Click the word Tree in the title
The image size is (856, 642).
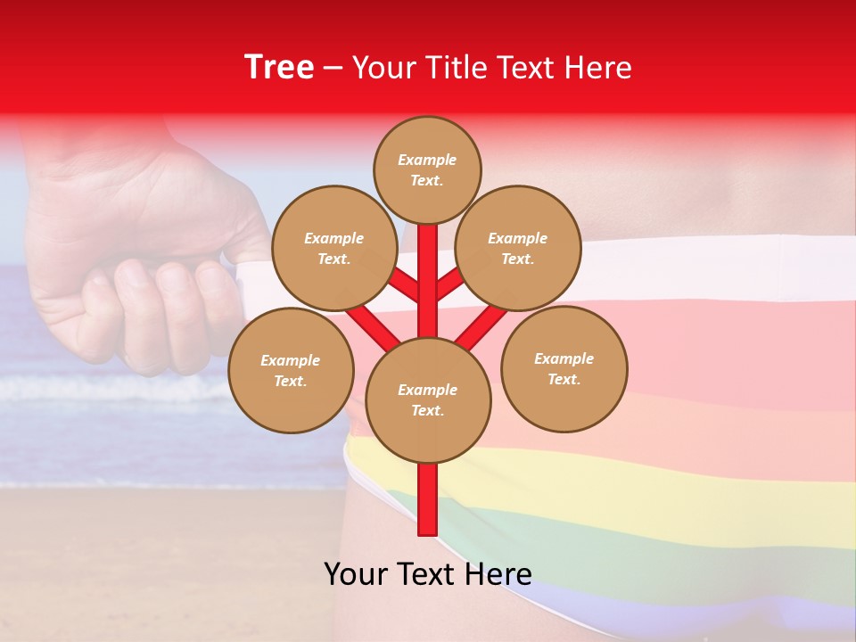click(279, 68)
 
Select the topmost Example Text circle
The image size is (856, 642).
click(427, 169)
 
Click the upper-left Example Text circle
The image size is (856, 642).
click(333, 248)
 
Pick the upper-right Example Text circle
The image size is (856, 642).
click(517, 248)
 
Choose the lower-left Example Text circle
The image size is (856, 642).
click(290, 370)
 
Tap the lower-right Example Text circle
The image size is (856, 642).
click(564, 368)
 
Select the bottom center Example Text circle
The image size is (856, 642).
click(427, 399)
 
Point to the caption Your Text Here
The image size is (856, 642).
click(427, 573)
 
